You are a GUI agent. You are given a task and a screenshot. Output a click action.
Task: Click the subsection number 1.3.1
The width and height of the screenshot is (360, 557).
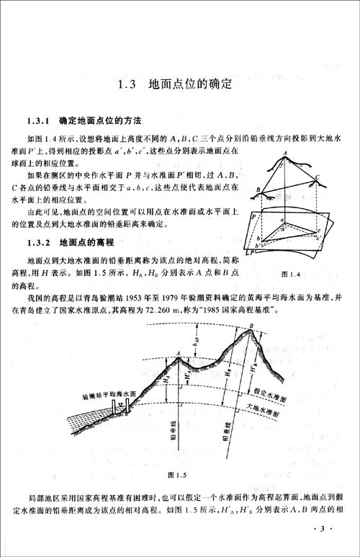tap(37, 119)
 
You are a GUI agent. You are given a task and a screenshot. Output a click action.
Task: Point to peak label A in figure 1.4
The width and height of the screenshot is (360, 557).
tap(287, 151)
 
